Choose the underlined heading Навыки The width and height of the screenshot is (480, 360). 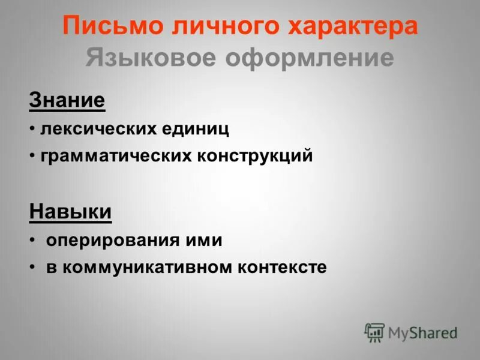pos(70,212)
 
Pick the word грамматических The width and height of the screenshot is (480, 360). pos(115,157)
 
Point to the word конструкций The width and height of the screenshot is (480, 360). pos(255,157)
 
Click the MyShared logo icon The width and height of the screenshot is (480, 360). pos(374,332)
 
